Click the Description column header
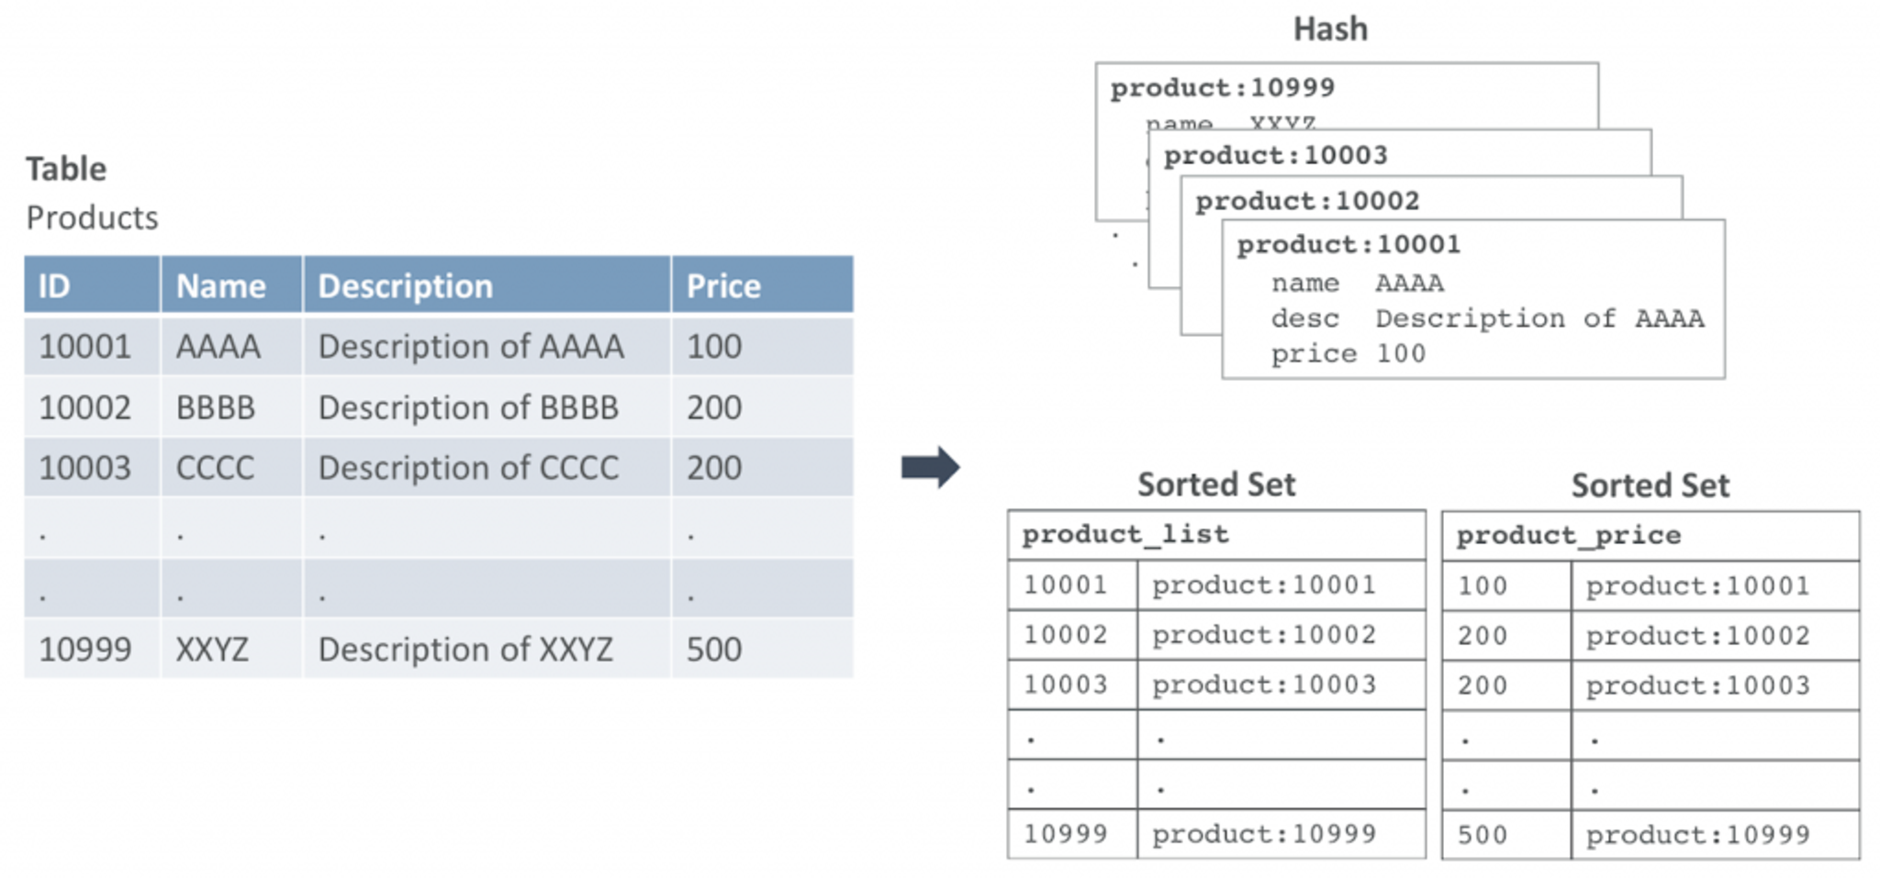405,286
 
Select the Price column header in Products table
723,286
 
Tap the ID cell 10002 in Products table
85,407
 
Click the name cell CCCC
215,468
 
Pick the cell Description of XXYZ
465,650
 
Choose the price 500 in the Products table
714,650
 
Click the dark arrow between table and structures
929,467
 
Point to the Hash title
1330,29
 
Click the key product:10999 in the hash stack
1222,88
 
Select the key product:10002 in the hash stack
1307,201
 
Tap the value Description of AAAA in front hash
1539,318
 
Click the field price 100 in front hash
1348,354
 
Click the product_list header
1125,534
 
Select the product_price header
1568,535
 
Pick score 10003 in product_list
1065,684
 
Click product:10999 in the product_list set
1264,834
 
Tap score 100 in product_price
1482,586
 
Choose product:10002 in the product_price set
1697,636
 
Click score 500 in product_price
1482,835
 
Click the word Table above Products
66,170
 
